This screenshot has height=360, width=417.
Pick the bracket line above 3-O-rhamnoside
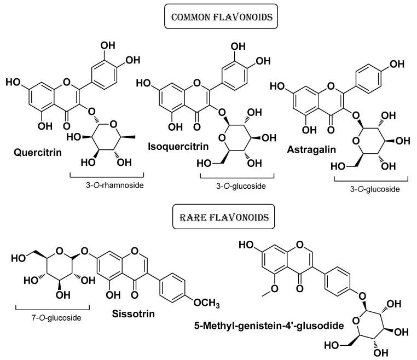pyautogui.click(x=106, y=176)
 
